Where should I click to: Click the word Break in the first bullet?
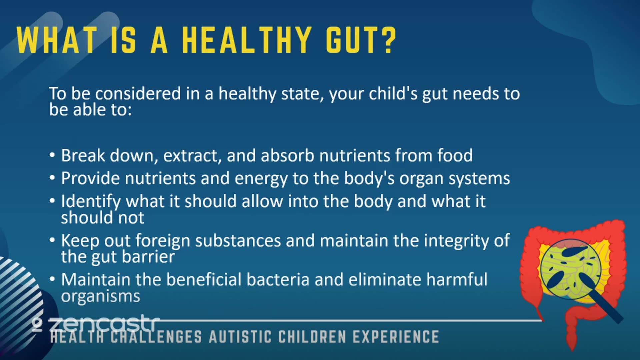[x=83, y=155]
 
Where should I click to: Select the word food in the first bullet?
[x=455, y=155]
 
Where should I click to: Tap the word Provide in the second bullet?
[x=90, y=178]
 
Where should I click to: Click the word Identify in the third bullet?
[x=91, y=202]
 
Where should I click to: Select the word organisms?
[x=100, y=296]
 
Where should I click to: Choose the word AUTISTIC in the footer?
[x=240, y=337]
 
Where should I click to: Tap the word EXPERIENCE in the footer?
[x=396, y=337]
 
